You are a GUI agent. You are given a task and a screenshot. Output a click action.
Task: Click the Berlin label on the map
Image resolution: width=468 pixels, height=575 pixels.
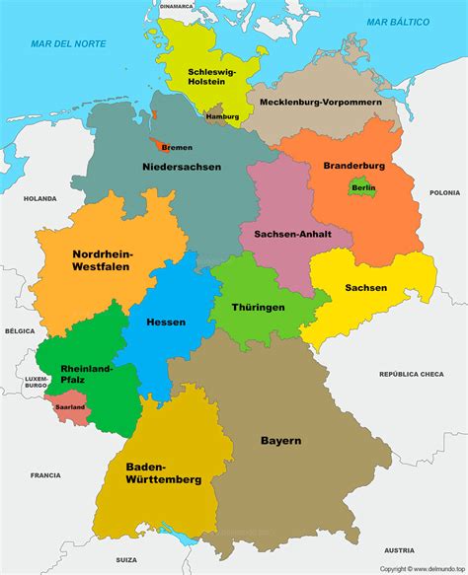pyautogui.click(x=363, y=186)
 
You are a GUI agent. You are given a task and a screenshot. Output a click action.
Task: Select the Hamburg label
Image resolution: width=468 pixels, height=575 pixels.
pyautogui.click(x=222, y=117)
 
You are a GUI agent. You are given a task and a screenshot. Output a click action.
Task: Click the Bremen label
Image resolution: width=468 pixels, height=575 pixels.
pyautogui.click(x=177, y=147)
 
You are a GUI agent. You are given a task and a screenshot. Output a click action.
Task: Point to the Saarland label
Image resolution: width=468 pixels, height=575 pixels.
pyautogui.click(x=70, y=406)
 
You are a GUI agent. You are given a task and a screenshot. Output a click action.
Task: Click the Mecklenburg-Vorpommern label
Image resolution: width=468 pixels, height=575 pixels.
pyautogui.click(x=320, y=101)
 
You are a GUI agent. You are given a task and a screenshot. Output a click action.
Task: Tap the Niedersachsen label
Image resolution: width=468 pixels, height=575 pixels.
pyautogui.click(x=182, y=167)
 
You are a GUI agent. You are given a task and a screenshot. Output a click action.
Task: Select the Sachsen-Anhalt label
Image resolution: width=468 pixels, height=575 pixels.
pyautogui.click(x=291, y=235)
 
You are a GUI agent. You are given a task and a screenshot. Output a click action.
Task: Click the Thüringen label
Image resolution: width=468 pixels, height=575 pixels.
pyautogui.click(x=259, y=307)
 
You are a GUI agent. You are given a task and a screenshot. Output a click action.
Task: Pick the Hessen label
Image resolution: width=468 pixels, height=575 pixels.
pyautogui.click(x=166, y=323)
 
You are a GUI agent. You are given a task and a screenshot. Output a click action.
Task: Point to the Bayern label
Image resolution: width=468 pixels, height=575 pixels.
pyautogui.click(x=281, y=440)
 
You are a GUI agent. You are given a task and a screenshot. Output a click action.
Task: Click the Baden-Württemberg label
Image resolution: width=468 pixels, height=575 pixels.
pyautogui.click(x=164, y=472)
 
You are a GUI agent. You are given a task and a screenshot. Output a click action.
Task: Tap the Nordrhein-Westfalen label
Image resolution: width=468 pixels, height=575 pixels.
pyautogui.click(x=103, y=259)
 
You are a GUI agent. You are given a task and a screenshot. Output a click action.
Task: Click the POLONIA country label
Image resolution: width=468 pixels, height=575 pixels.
pyautogui.click(x=444, y=193)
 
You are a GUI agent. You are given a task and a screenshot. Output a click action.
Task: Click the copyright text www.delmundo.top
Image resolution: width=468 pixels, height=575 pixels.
pyautogui.click(x=422, y=568)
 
